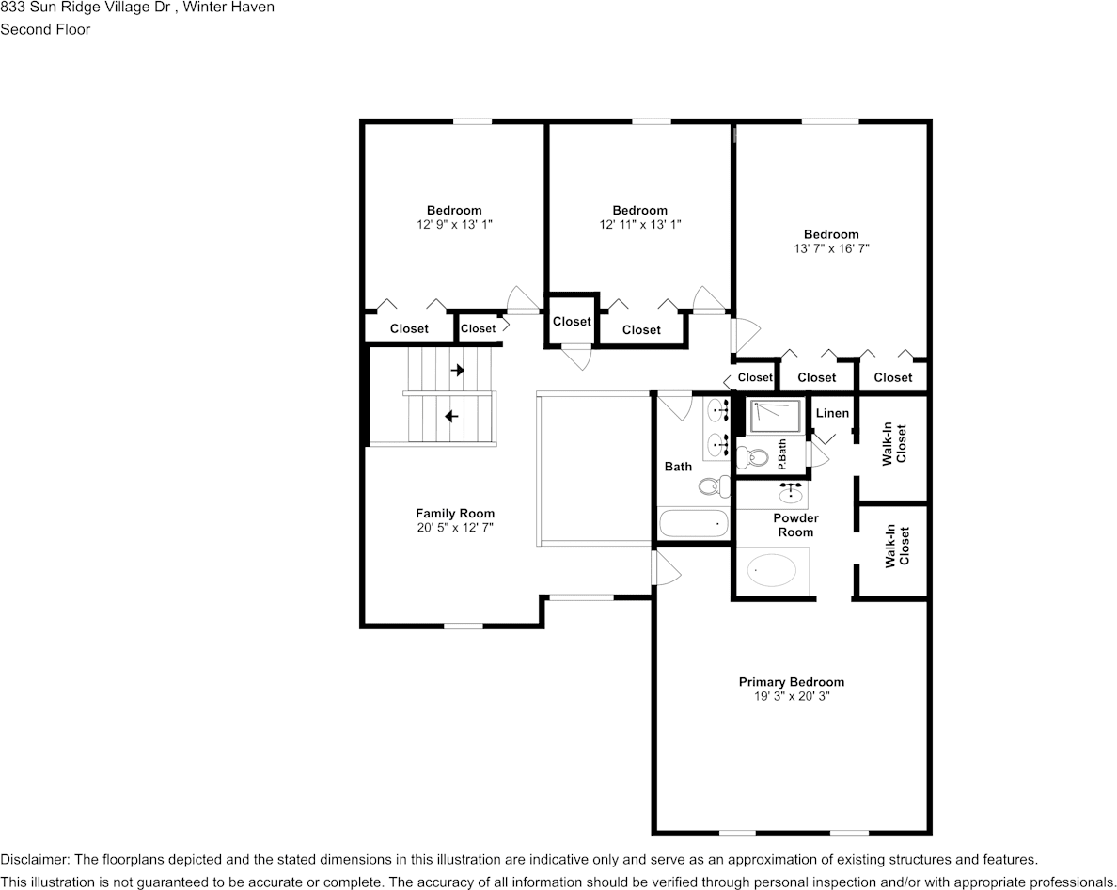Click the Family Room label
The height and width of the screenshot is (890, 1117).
[x=455, y=514]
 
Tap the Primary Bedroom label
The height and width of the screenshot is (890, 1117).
[x=791, y=682]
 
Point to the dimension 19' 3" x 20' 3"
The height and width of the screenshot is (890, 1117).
[x=791, y=697]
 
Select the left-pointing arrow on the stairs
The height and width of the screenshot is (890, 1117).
[x=452, y=415]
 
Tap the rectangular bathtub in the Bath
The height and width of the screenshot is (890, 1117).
[x=693, y=523]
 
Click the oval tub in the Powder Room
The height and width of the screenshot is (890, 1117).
[x=772, y=570]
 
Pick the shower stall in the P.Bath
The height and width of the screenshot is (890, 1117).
[x=775, y=417]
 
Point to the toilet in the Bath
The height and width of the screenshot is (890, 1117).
[x=715, y=486]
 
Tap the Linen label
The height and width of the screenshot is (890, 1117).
[x=832, y=413]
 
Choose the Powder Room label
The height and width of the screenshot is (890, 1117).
[x=795, y=525]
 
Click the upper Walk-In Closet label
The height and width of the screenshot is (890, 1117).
[x=893, y=445]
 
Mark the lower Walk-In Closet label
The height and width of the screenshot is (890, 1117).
[x=897, y=550]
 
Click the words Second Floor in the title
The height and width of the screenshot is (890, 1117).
[x=45, y=29]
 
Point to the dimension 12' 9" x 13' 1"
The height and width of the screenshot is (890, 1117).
[x=454, y=225]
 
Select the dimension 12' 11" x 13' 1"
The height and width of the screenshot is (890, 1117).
[x=639, y=225]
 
